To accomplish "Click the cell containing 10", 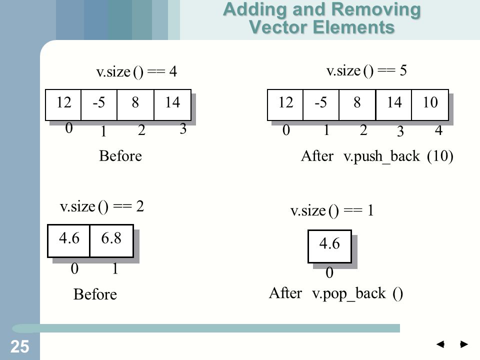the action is coord(430,105).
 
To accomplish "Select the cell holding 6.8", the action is coord(111,241).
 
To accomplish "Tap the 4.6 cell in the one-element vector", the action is coord(329,246).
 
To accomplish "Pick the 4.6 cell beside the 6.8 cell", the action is coord(69,241).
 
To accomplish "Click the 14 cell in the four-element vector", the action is coord(172,105).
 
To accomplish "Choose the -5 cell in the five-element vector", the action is coord(321,105).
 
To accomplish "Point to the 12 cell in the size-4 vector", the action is coord(63,105).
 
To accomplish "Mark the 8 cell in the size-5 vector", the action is coord(357,105).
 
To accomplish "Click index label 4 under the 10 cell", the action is coord(438,130).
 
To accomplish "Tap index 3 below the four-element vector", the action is coord(183,128).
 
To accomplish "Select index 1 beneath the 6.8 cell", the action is coord(115,268).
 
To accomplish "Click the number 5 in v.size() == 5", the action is coord(403,70).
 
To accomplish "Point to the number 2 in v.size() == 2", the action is coord(140,206).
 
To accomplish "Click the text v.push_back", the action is coord(381,156).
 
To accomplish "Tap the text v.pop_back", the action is coord(348,293).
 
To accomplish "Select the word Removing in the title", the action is coord(376,9).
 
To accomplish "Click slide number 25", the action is coord(19,346).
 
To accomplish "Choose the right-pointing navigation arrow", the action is coord(464,344).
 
